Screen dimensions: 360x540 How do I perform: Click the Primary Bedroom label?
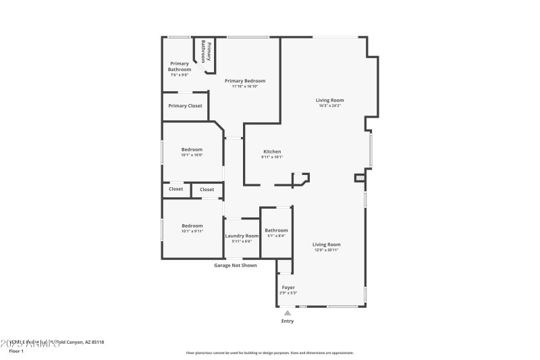244,81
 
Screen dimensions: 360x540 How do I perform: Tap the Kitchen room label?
272,151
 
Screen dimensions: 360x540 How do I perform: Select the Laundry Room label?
242,236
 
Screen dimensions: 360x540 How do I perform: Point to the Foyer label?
288,288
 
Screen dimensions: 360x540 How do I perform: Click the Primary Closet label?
185,106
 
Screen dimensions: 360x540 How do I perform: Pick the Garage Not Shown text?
236,265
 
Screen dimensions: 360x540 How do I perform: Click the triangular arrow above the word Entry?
288,313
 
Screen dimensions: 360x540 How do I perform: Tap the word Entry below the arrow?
288,321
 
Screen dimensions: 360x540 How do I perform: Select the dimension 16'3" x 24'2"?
330,105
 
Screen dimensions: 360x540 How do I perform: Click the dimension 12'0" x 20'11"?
326,250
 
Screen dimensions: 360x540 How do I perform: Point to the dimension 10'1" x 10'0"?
192,155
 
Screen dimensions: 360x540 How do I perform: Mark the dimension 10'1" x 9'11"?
192,231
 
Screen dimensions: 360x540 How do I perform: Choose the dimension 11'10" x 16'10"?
244,86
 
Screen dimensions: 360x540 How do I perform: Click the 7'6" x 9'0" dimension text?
179,74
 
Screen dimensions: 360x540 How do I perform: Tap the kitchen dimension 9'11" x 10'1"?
272,157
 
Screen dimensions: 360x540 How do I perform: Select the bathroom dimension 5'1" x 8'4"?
276,236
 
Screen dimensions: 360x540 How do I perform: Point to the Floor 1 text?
16,351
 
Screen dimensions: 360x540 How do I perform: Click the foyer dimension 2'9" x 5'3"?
288,293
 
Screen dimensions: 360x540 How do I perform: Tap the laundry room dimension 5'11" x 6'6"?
242,241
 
